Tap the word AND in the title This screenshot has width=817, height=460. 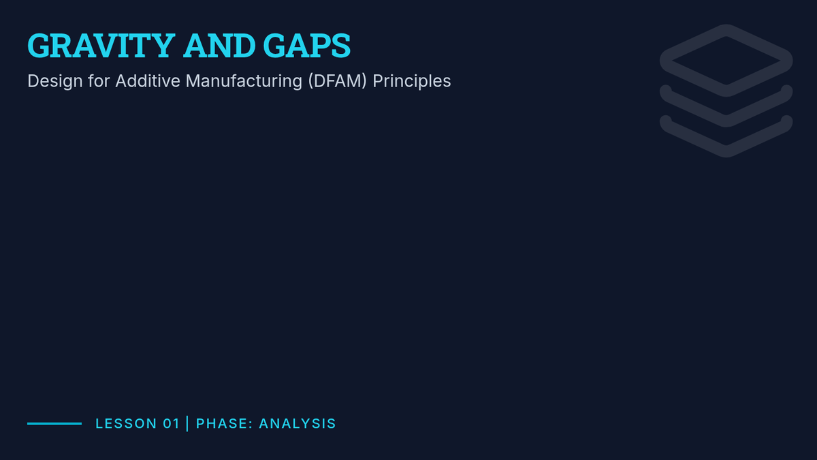pyautogui.click(x=219, y=46)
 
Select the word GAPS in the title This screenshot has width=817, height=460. pyautogui.click(x=307, y=46)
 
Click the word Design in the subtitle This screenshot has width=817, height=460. pyautogui.click(x=55, y=81)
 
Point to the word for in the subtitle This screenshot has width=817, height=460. pyautogui.click(x=99, y=81)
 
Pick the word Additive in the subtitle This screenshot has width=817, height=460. pyautogui.click(x=148, y=81)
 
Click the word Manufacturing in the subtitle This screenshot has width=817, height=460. pyautogui.click(x=244, y=81)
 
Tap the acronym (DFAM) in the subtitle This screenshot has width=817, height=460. pyautogui.click(x=338, y=81)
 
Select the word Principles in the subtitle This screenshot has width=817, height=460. pyautogui.click(x=412, y=81)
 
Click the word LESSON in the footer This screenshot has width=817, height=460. pyautogui.click(x=126, y=423)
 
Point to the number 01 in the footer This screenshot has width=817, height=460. pyautogui.click(x=171, y=423)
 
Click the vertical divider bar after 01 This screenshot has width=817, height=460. pyautogui.click(x=187, y=423)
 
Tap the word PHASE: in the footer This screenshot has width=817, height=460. pyautogui.click(x=224, y=423)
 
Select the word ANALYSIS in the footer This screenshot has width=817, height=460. pyautogui.click(x=298, y=423)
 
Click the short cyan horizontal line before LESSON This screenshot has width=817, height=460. pyautogui.click(x=54, y=423)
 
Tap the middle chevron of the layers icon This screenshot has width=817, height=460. pyautogui.click(x=726, y=121)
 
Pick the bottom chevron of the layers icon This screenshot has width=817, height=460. pyautogui.click(x=726, y=151)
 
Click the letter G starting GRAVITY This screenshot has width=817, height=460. pyautogui.click(x=39, y=46)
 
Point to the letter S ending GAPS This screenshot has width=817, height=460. pyautogui.click(x=341, y=46)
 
